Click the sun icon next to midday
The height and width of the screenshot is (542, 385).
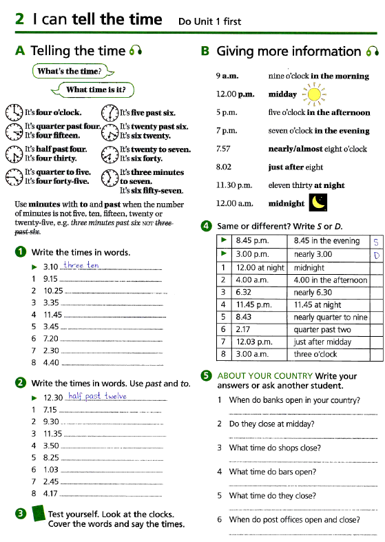click(314, 94)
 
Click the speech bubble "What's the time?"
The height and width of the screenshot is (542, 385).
click(71, 72)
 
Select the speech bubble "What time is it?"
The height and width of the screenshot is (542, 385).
click(95, 90)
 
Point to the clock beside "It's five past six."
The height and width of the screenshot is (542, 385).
click(110, 112)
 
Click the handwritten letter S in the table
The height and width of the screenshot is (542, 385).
click(375, 242)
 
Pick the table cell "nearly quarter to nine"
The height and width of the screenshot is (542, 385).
click(330, 317)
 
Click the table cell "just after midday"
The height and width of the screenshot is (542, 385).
click(330, 342)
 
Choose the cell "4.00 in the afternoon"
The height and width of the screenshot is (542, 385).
click(330, 280)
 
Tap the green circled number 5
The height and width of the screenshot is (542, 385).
click(206, 375)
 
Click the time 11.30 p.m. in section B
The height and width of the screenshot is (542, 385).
click(233, 185)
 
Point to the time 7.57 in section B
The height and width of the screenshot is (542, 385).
click(223, 148)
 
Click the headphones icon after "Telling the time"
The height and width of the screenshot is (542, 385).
click(135, 51)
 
